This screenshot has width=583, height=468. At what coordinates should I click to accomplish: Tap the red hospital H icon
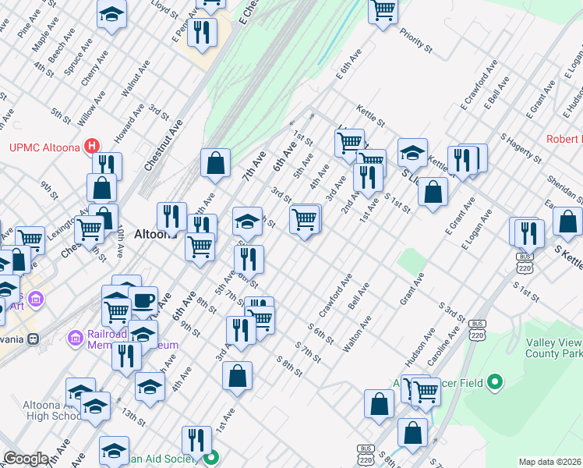click(93, 145)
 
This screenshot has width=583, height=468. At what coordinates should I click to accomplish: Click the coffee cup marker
click(143, 301)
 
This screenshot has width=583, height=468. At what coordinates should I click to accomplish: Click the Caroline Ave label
click(441, 344)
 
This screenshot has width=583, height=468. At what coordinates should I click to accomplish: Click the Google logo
click(26, 459)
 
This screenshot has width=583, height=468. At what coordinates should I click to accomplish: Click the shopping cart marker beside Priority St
click(383, 11)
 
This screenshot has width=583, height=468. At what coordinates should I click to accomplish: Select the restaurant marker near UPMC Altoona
click(107, 165)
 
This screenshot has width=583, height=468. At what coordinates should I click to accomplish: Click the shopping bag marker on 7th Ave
click(216, 164)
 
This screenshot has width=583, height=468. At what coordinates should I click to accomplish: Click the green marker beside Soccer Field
click(493, 382)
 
